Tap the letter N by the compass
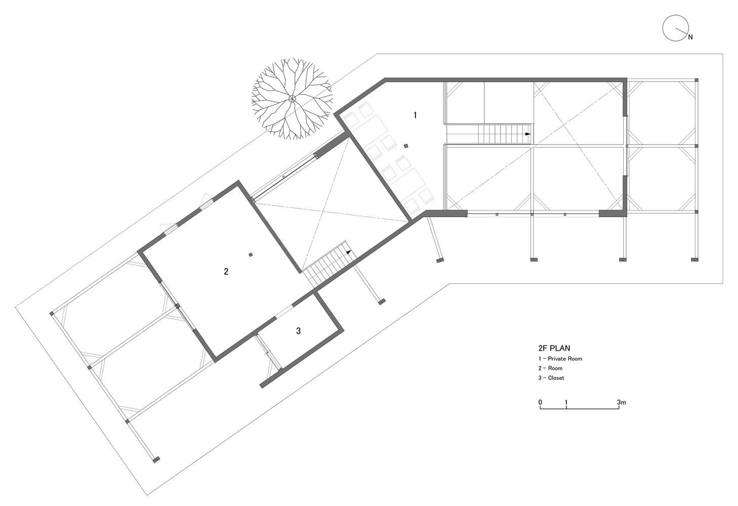pos(690,37)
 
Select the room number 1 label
pos(415,115)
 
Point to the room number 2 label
pos(226,272)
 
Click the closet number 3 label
pos(299,331)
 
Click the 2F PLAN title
pos(554,348)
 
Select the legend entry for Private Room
pos(560,359)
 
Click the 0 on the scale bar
pos(540,403)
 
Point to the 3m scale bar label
pos(622,403)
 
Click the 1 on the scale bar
pos(566,403)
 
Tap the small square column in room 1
pos(406,147)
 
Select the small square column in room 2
pos(251,255)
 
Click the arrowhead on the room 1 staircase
pos(527,134)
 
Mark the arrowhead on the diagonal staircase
pos(348,250)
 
